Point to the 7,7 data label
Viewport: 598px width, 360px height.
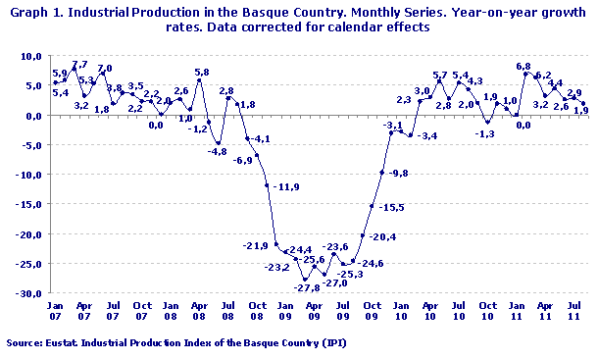tap(79, 64)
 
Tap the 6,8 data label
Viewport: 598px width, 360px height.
tap(524, 67)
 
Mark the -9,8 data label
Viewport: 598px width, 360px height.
tap(400, 173)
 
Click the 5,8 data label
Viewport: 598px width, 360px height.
tap(202, 72)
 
